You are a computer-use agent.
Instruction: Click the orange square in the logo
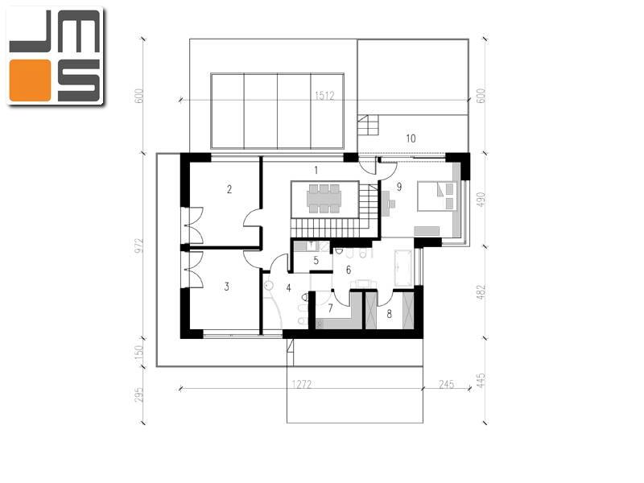30,80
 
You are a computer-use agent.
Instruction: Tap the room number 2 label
229,189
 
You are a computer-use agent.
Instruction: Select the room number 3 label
227,287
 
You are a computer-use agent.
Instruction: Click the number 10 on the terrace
411,138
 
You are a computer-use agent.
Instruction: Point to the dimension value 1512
324,96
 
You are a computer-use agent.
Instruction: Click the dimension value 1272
301,384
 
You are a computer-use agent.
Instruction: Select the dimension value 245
447,384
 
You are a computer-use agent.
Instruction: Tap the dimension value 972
139,246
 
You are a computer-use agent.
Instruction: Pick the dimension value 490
481,200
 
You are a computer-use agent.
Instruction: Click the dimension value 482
481,292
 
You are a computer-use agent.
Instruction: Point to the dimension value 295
139,394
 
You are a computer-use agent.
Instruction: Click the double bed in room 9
437,196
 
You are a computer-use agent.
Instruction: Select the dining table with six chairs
324,199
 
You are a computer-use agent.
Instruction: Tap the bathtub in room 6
403,268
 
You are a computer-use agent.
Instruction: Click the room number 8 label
389,314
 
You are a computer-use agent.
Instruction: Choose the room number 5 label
316,260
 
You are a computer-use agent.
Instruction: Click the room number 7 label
331,308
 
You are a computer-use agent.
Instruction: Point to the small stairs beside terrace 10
367,126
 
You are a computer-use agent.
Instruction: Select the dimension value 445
481,380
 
